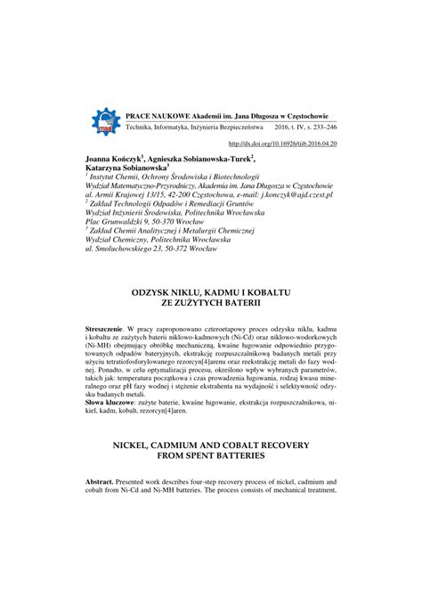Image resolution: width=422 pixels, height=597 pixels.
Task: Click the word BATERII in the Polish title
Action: (237, 304)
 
